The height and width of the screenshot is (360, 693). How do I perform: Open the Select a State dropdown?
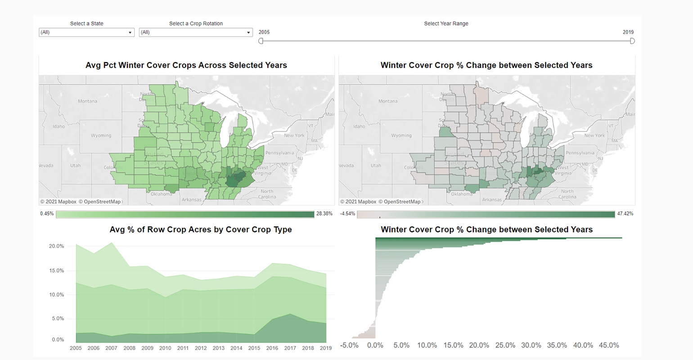click(x=86, y=32)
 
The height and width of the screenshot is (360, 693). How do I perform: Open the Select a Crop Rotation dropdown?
click(x=195, y=32)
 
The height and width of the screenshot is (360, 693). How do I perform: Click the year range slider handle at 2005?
click(x=261, y=41)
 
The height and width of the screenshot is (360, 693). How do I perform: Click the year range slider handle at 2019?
click(x=632, y=41)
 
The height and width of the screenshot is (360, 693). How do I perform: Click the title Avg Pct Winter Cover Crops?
click(x=186, y=65)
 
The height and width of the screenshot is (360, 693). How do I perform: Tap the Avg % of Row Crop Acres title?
click(x=201, y=229)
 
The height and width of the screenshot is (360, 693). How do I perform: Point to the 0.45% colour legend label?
click(x=47, y=214)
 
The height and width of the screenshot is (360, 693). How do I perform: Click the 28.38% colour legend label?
click(x=324, y=214)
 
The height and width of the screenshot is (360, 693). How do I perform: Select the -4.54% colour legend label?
click(x=347, y=214)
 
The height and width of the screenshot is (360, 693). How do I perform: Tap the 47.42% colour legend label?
click(x=625, y=214)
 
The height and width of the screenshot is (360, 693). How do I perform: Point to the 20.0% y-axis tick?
click(x=57, y=246)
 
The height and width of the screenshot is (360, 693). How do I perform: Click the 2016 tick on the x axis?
click(x=272, y=348)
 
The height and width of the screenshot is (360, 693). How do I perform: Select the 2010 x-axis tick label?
click(x=165, y=348)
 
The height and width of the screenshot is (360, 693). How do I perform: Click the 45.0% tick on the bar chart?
click(x=609, y=345)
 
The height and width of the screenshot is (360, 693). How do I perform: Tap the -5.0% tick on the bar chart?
click(x=349, y=345)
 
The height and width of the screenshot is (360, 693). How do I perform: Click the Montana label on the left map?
click(x=87, y=101)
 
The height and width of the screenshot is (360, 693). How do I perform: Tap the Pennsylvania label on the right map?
click(x=580, y=153)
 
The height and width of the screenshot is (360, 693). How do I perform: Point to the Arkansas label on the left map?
click(x=191, y=199)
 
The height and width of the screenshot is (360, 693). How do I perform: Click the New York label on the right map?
click(x=594, y=135)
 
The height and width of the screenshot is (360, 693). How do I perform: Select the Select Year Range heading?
click(x=446, y=23)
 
